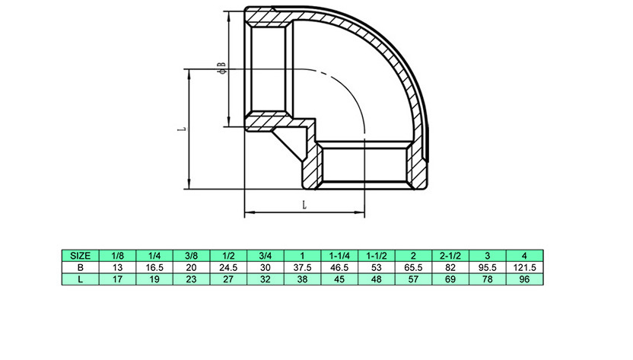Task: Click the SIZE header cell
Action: (80, 256)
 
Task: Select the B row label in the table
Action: (80, 268)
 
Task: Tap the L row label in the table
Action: (80, 280)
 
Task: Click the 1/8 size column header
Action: (118, 256)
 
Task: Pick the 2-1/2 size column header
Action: (450, 256)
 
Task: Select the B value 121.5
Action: (523, 268)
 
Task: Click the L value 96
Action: (523, 280)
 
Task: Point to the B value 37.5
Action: (302, 268)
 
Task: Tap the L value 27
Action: (228, 280)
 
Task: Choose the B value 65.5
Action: (412, 268)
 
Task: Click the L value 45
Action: (339, 280)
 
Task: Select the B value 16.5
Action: (154, 268)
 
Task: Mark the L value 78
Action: (486, 280)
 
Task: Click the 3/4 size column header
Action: (266, 256)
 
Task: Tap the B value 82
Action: (450, 268)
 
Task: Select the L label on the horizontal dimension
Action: (304, 205)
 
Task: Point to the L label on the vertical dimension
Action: (178, 129)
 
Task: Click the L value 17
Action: (118, 280)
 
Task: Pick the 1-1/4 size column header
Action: (339, 256)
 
